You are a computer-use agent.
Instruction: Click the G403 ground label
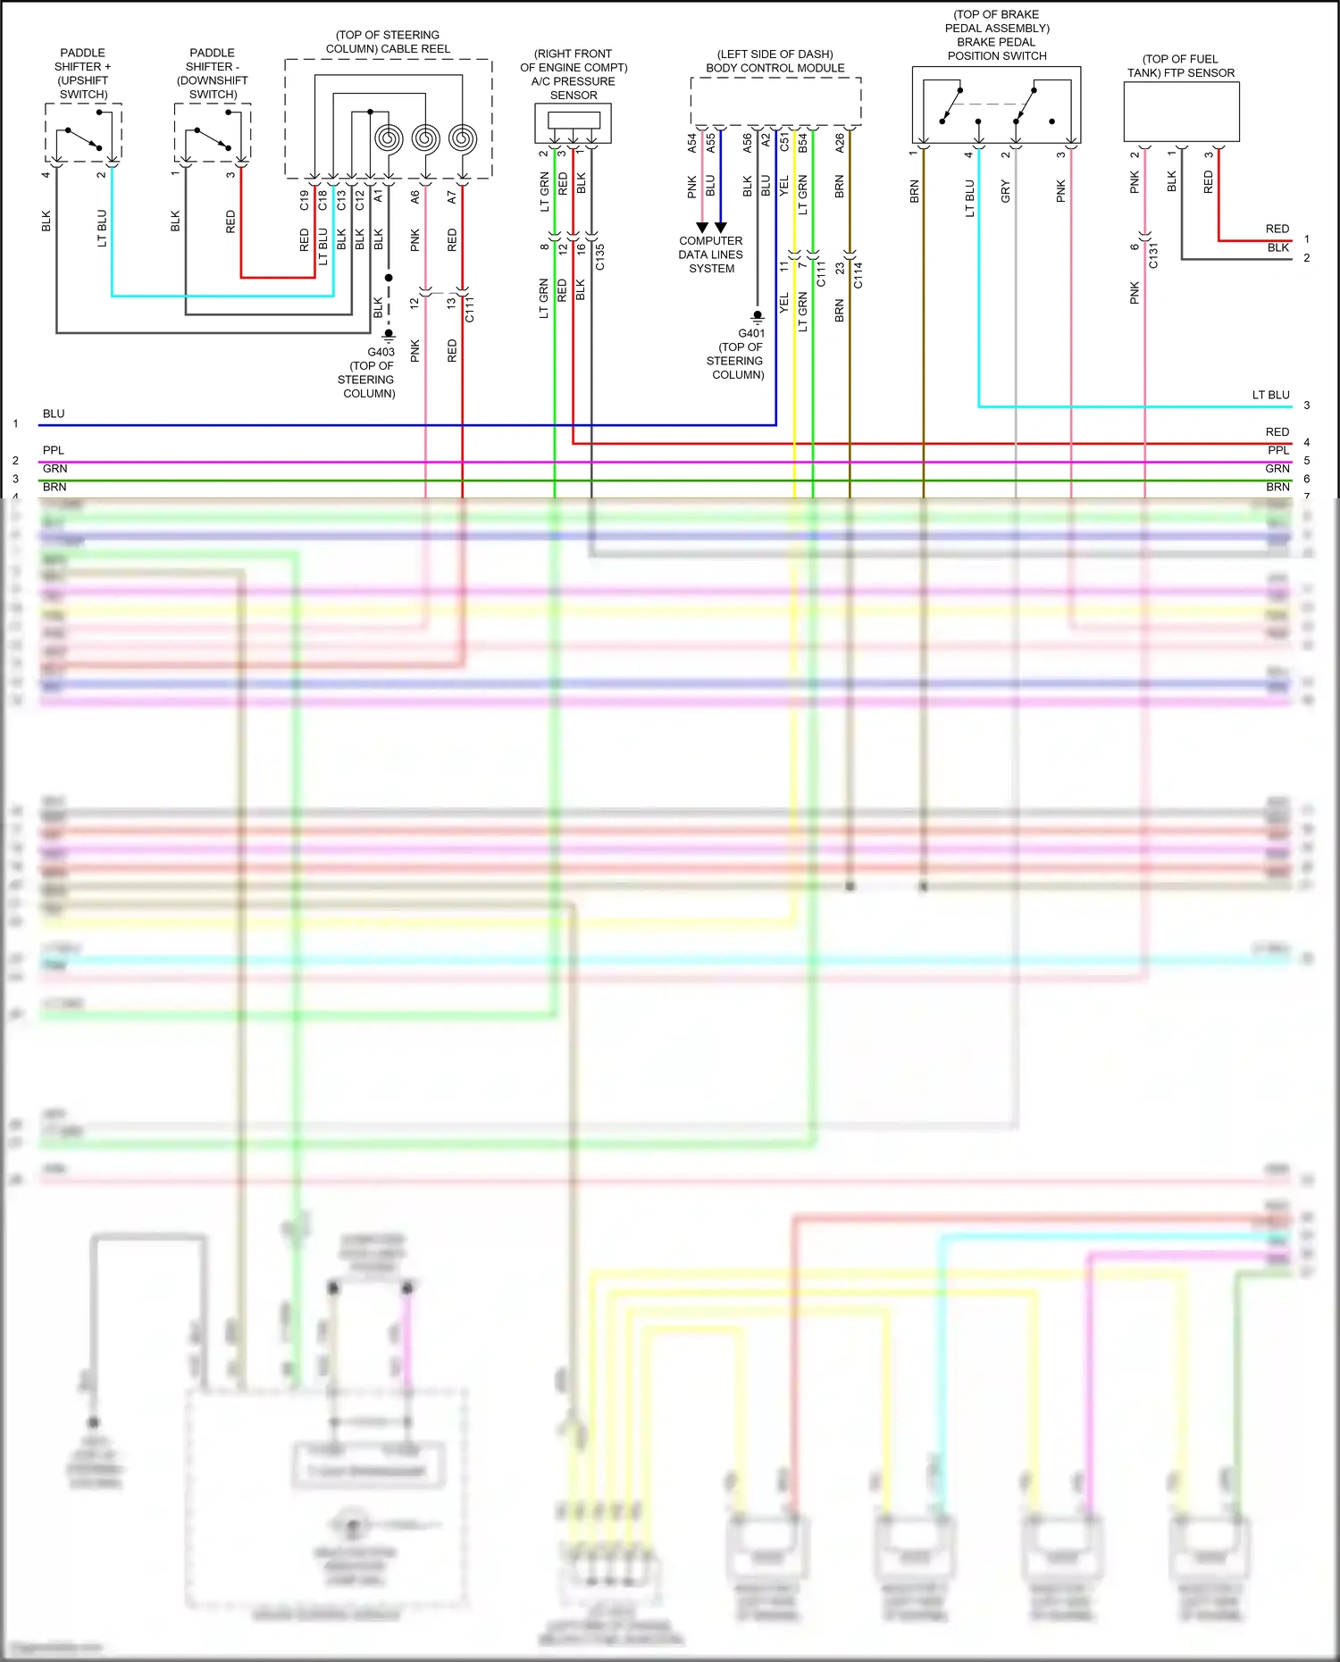coord(381,352)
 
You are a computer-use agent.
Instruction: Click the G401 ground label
coord(750,333)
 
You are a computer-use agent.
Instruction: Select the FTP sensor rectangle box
coord(1181,112)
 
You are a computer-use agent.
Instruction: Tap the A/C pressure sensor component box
coord(573,122)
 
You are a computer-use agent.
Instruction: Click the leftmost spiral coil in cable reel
coord(389,138)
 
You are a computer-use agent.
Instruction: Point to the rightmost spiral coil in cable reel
coord(462,138)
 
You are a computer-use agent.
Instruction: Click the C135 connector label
coord(600,257)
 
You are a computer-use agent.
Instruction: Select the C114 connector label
coord(858,274)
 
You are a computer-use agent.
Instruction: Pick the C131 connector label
coord(1153,255)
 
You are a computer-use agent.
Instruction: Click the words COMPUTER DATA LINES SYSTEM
coord(710,255)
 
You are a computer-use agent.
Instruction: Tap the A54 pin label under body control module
coord(691,143)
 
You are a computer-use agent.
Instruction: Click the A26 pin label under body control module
coord(840,143)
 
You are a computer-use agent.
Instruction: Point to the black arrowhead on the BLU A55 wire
coord(720,228)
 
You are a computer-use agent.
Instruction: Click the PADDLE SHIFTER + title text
coord(83,60)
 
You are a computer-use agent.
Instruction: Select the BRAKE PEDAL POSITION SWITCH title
coord(996,48)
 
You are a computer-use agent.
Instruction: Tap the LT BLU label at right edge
coord(1270,395)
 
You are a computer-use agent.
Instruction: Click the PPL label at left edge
coord(54,450)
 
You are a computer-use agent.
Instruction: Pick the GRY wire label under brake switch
coord(1005,190)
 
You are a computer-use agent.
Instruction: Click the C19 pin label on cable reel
coord(304,200)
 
